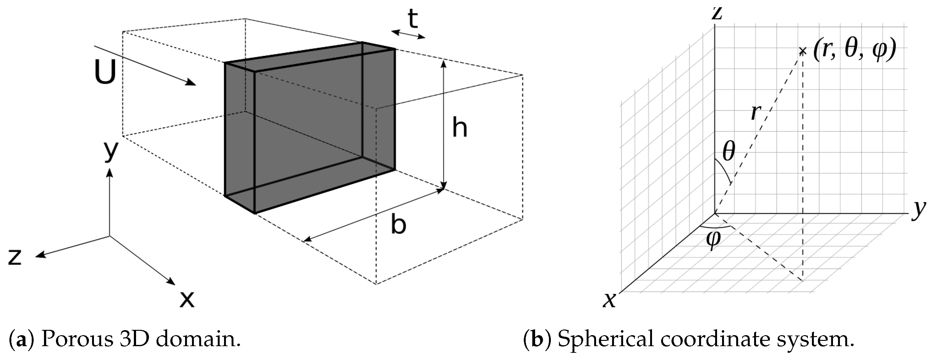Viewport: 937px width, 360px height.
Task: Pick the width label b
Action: coord(398,224)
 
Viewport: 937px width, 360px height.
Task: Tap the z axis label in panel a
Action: coord(15,256)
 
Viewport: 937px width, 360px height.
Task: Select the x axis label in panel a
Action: coord(187,299)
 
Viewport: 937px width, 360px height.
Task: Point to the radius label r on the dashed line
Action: coord(755,112)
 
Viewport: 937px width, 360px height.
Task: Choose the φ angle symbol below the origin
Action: coord(713,240)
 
